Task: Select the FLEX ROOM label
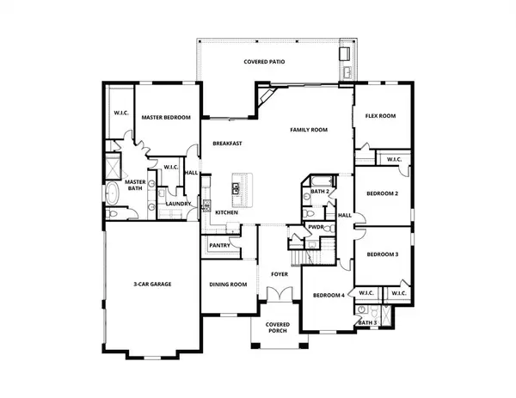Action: (x=379, y=115)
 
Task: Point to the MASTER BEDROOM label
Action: (x=166, y=118)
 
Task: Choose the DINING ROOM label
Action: (x=228, y=285)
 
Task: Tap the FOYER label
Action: (x=279, y=274)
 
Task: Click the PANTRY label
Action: (x=218, y=246)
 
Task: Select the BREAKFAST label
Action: (x=228, y=144)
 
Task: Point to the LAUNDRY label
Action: (x=178, y=204)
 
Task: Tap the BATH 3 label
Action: (x=367, y=322)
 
